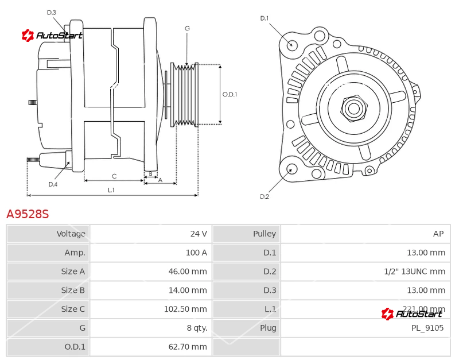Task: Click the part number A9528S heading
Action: point(28,214)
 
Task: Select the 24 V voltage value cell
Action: point(199,234)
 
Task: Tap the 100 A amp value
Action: point(196,253)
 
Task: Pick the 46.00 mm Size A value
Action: point(188,272)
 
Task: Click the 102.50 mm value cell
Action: point(185,309)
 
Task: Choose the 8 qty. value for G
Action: point(197,328)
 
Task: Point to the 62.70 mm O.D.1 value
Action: point(188,347)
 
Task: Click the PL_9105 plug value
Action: point(427,328)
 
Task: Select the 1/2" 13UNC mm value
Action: point(415,272)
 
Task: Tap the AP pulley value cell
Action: point(438,234)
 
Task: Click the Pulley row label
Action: point(264,234)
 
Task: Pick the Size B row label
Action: point(73,290)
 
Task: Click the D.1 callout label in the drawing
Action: point(264,18)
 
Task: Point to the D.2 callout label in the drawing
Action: point(264,196)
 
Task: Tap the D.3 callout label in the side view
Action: point(52,13)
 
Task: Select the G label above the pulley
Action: point(187,29)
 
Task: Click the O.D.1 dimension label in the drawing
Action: point(229,95)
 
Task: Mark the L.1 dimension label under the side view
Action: point(111,189)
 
